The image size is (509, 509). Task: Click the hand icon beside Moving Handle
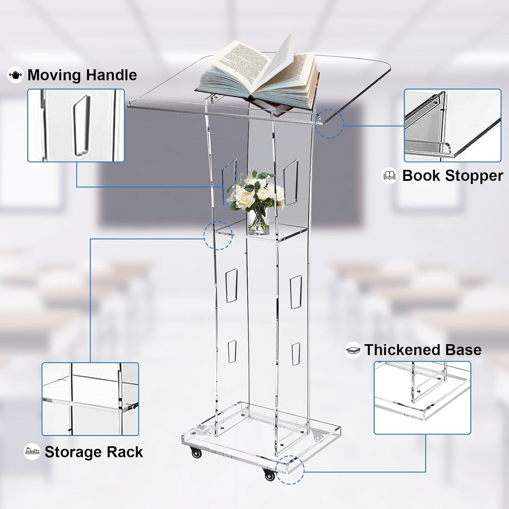[15, 75]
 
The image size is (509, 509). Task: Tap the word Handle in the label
[111, 75]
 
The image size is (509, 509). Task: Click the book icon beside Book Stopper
[390, 175]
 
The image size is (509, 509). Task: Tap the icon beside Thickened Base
[353, 350]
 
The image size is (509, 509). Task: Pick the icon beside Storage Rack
[32, 452]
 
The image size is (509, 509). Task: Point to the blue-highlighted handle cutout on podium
[229, 182]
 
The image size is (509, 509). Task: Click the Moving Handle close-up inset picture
[76, 125]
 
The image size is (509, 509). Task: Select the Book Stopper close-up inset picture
[452, 125]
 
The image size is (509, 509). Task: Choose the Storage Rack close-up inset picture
[90, 399]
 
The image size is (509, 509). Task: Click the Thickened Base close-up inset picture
[422, 398]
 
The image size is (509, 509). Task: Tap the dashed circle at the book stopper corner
[329, 124]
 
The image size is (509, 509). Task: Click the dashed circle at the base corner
[290, 470]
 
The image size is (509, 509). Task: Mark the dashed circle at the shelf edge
[218, 235]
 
